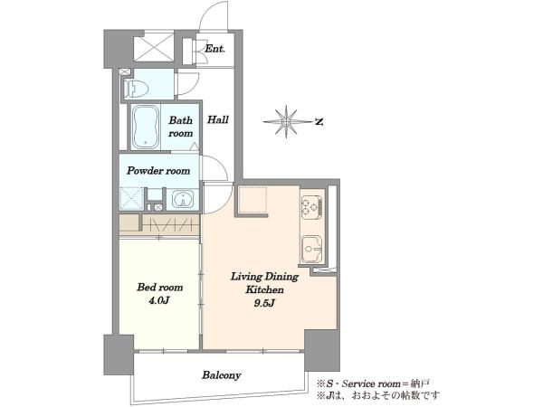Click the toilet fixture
click(x=136, y=89)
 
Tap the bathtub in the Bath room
click(x=146, y=127)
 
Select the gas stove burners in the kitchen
click(x=311, y=206)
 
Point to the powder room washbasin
click(x=183, y=200)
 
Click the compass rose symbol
click(x=287, y=122)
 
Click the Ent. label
click(x=214, y=49)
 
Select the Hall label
click(x=218, y=120)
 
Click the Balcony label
click(x=222, y=375)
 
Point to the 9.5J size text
click(x=264, y=304)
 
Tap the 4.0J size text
click(x=159, y=301)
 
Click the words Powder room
click(x=158, y=171)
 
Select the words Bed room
click(x=159, y=288)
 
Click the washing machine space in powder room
click(x=131, y=199)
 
